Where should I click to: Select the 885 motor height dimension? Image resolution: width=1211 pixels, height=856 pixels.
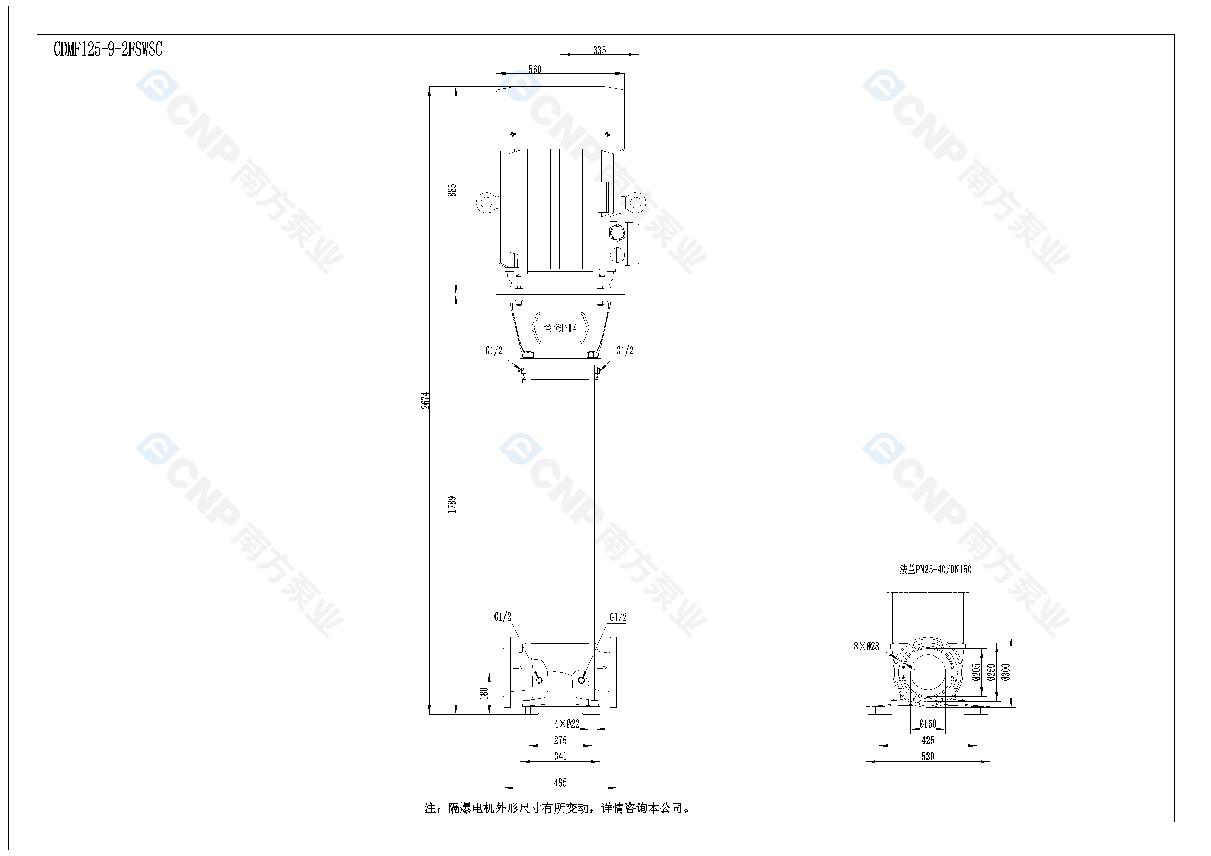click(x=452, y=190)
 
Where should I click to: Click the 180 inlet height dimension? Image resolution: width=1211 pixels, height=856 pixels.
click(x=484, y=693)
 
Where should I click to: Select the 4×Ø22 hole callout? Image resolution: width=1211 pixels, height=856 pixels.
click(x=567, y=724)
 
